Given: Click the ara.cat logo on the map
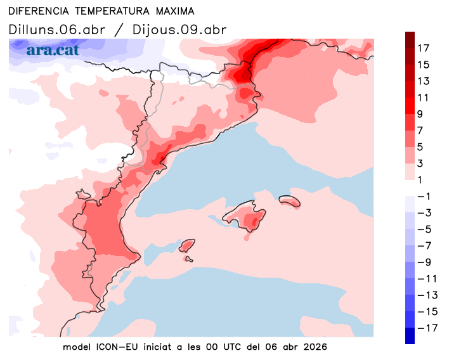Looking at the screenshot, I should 53,49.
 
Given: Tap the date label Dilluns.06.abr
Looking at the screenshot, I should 57,30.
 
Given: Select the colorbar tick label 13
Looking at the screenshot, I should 424,81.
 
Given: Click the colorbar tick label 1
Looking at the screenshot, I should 420,180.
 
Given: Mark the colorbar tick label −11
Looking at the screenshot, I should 424,278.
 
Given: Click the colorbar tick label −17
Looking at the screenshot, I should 424,328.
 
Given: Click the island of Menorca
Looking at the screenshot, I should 289,200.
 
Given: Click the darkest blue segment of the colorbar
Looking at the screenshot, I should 410,336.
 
